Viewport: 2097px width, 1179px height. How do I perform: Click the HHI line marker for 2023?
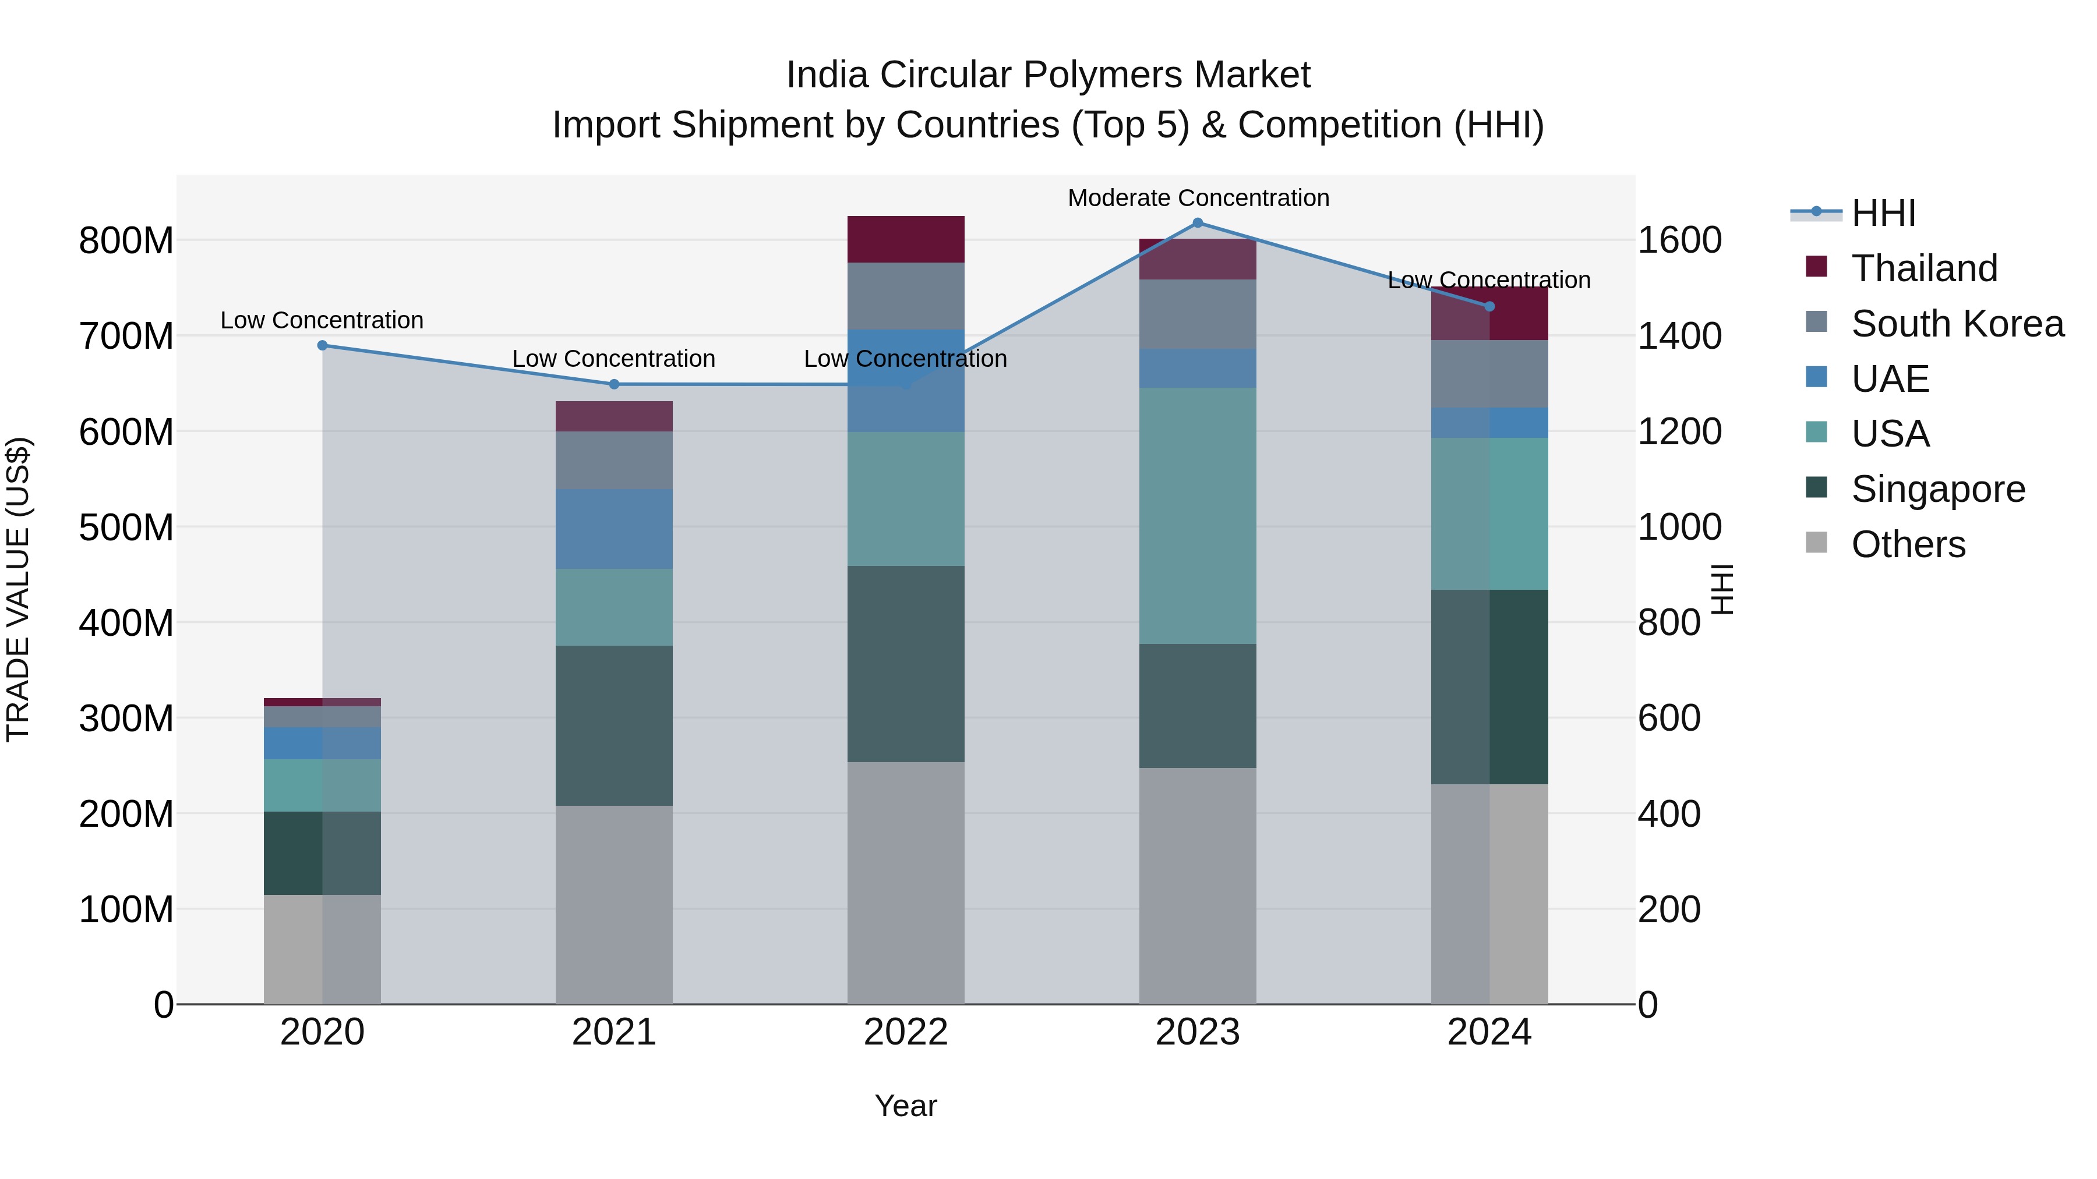(1198, 223)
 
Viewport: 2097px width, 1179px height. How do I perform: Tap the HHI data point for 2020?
(322, 346)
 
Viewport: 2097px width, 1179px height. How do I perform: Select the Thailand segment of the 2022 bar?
(905, 239)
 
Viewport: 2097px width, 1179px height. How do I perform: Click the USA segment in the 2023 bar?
(1198, 516)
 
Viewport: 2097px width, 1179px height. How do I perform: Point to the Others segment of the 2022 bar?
(905, 883)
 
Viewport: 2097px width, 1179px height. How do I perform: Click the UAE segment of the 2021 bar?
(614, 529)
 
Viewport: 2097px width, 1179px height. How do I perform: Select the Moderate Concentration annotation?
(1198, 199)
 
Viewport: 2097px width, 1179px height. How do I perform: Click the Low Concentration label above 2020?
(322, 321)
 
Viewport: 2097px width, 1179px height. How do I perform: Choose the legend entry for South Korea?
(1957, 324)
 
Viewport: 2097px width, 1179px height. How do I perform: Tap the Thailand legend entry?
(1925, 268)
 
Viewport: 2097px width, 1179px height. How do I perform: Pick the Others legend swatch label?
(1908, 544)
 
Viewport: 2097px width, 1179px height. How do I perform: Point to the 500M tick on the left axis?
(126, 527)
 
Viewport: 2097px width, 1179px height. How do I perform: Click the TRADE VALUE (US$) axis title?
(18, 589)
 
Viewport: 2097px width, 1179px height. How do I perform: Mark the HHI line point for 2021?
(614, 385)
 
